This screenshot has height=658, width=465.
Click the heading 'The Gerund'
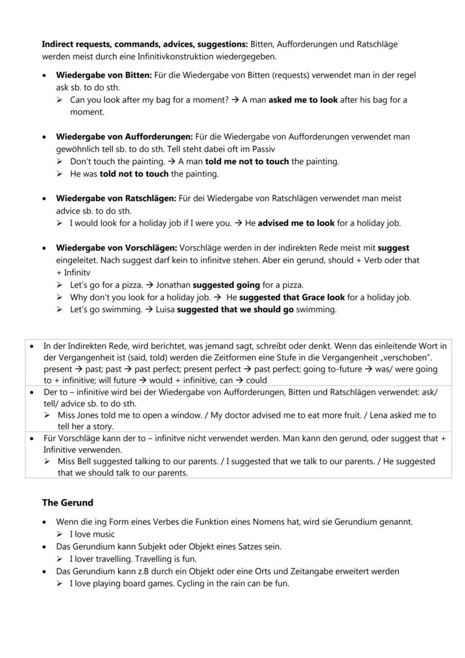pos(67,502)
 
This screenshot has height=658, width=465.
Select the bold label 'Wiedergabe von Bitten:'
pos(103,75)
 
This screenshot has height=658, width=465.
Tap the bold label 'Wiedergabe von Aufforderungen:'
pos(124,137)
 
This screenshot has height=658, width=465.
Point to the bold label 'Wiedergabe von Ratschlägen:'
pos(116,198)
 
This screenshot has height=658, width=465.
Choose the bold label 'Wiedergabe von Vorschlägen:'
pos(116,248)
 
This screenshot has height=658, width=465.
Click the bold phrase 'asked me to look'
pos(303,100)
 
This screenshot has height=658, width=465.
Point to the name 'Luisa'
pos(163,310)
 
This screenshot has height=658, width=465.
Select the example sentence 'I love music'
pos(92,534)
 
